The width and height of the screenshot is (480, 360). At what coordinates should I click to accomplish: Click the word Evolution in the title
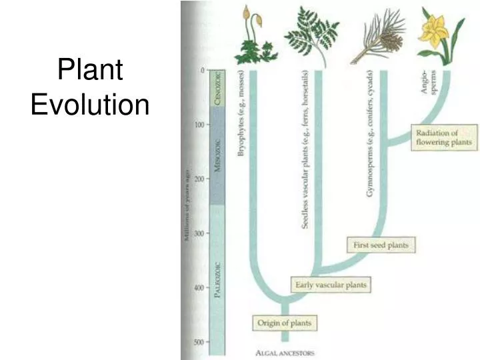90,105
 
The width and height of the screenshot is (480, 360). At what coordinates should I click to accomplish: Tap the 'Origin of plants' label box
284,324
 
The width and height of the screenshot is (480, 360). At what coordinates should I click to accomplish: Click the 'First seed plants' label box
380,245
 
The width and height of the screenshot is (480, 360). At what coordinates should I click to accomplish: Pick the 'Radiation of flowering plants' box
443,137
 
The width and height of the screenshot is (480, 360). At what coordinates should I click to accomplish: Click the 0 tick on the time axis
202,70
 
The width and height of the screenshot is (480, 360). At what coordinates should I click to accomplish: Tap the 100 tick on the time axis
199,125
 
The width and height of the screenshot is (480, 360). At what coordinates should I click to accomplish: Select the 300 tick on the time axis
199,233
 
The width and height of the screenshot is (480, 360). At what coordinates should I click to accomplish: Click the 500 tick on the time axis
199,343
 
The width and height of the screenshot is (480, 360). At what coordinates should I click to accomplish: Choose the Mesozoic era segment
217,155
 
